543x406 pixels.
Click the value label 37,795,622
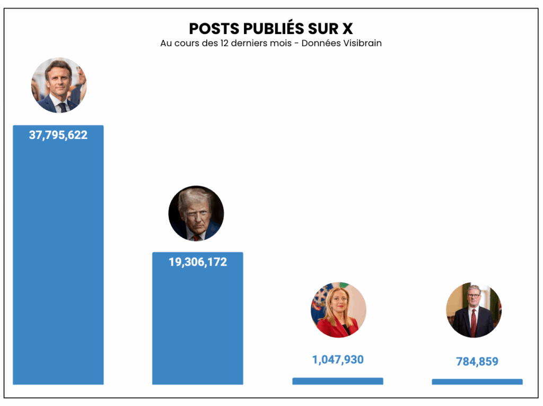pos(58,135)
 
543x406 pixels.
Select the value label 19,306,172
pos(198,262)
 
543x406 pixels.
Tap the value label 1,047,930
pos(338,360)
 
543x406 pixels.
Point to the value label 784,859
pos(477,362)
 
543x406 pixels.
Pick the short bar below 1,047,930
pos(338,381)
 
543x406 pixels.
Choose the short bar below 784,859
pos(477,382)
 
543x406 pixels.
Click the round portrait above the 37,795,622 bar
pos(58,85)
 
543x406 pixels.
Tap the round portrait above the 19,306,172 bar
pos(196,213)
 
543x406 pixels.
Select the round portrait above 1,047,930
pos(338,310)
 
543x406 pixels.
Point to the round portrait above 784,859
pos(474,310)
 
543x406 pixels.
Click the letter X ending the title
pos(347,29)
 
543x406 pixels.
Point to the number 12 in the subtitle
pos(224,44)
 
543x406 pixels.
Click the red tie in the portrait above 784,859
pos(474,324)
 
